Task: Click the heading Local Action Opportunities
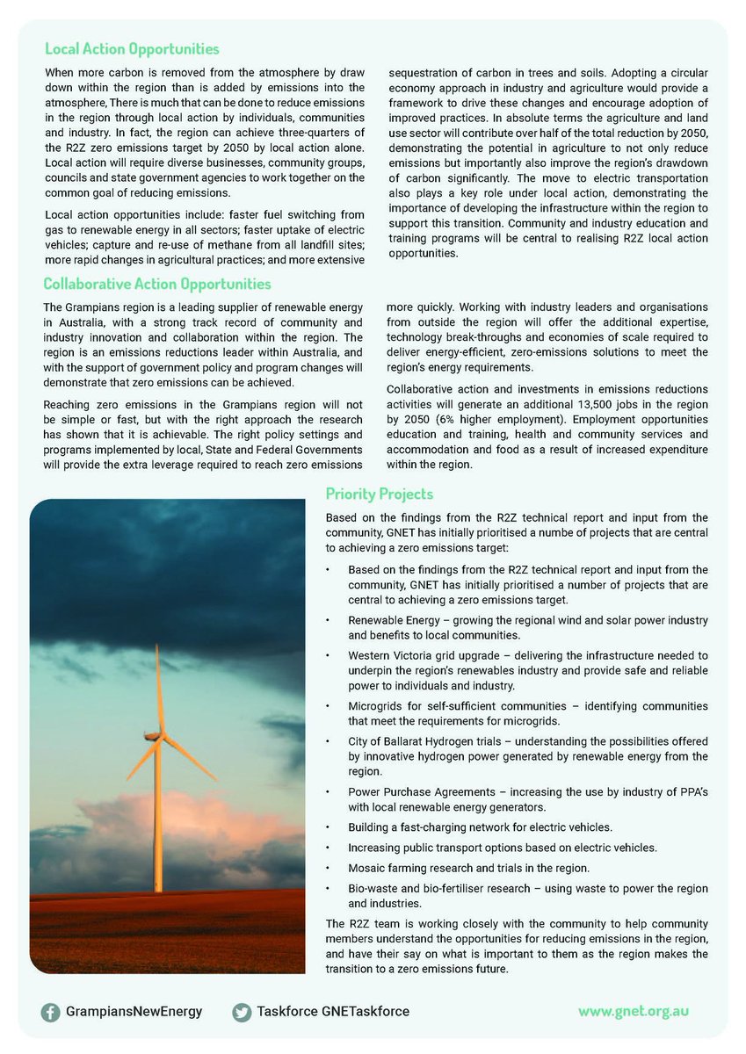click(132, 48)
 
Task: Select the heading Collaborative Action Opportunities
click(157, 284)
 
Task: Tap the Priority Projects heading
click(379, 495)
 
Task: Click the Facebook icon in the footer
click(51, 1012)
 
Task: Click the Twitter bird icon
click(242, 1012)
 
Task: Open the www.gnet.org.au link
click(633, 1011)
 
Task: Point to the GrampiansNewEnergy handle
click(134, 1012)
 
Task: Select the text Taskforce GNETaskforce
click(333, 1012)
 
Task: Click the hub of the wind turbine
click(159, 736)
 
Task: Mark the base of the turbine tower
click(159, 889)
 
